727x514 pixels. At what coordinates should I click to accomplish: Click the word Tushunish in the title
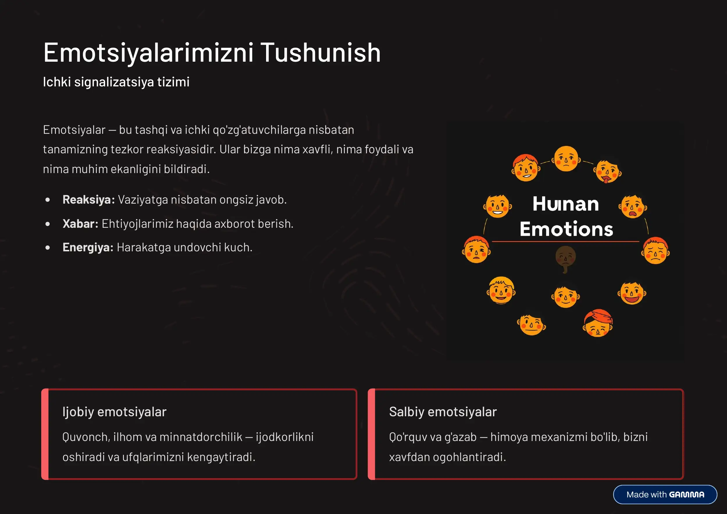[320, 53]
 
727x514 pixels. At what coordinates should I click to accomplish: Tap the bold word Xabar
[80, 224]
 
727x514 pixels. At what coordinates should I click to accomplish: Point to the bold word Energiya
[88, 247]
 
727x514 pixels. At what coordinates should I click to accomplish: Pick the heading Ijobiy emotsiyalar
[114, 412]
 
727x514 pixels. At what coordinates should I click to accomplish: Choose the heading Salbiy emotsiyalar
[443, 412]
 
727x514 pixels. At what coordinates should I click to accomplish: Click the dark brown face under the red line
[566, 257]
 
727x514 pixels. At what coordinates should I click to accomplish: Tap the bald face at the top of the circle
[566, 158]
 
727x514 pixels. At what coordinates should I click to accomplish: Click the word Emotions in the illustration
[566, 229]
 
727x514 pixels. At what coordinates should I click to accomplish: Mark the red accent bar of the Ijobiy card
[45, 434]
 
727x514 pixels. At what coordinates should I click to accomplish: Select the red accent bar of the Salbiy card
[372, 434]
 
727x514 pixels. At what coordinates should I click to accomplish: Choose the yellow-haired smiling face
[501, 290]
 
